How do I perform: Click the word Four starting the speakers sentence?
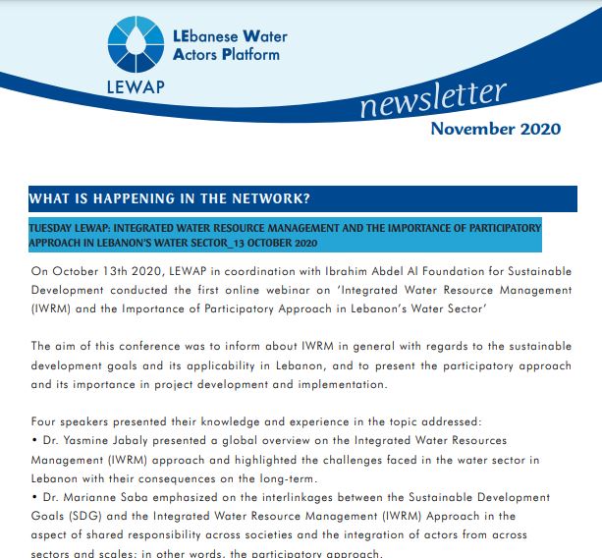click(x=45, y=421)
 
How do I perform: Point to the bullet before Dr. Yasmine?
click(x=34, y=440)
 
